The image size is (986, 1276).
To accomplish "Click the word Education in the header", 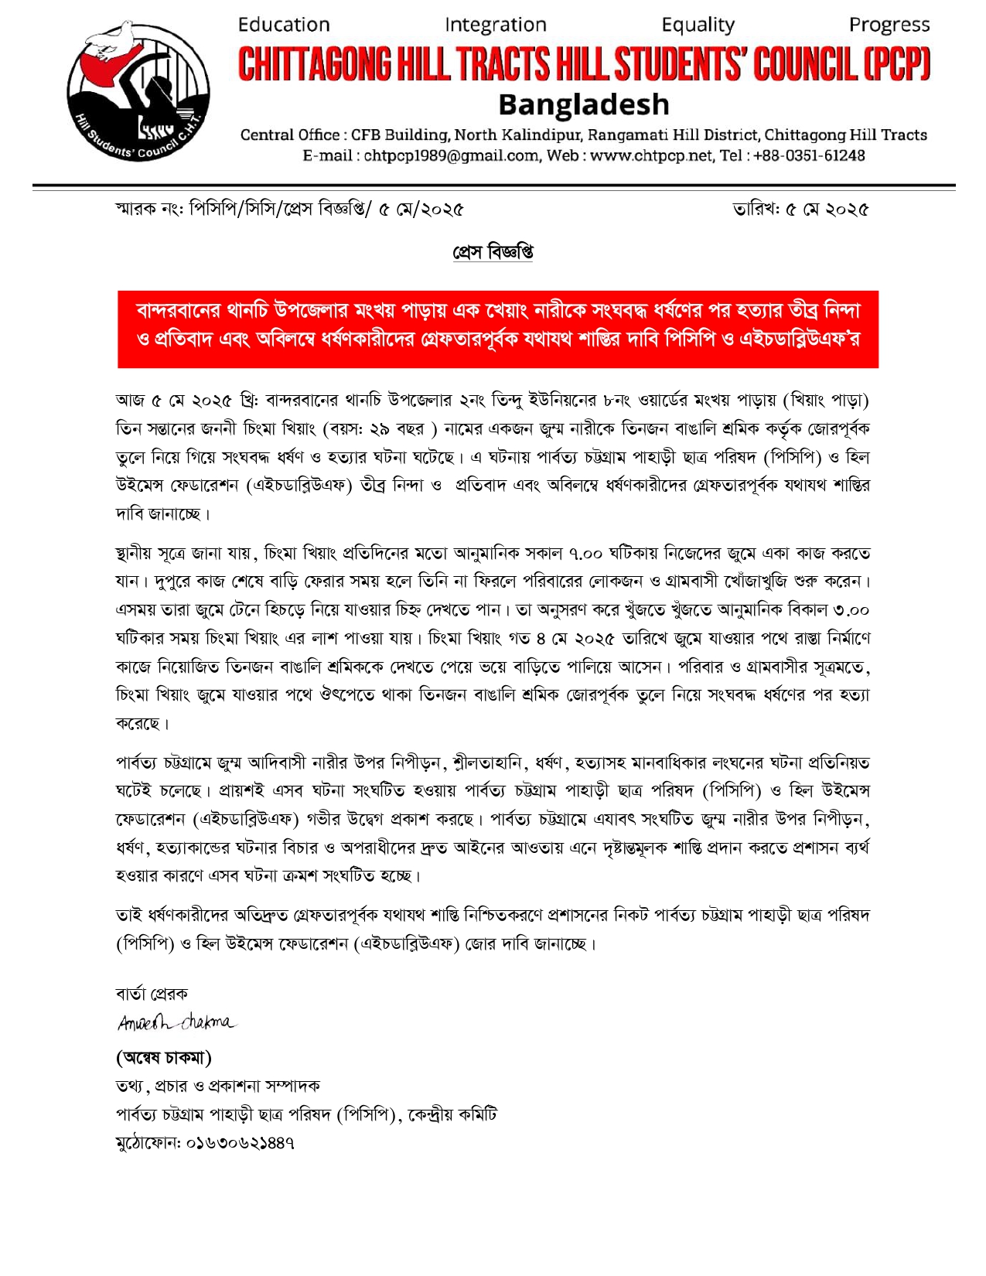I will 284,25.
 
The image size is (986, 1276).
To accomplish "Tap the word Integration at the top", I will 496,25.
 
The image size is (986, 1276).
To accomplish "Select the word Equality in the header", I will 698,25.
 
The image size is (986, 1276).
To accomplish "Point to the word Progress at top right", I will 889,25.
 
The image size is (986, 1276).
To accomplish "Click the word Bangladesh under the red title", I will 584,104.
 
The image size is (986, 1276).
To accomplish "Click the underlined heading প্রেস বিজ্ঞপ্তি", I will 493,253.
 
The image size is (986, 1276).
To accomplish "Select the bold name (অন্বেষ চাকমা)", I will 164,1056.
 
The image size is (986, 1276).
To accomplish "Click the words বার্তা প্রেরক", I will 152,994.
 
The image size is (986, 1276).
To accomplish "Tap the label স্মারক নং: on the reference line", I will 150,210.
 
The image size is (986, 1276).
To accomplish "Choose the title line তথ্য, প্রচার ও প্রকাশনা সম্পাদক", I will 218,1086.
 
